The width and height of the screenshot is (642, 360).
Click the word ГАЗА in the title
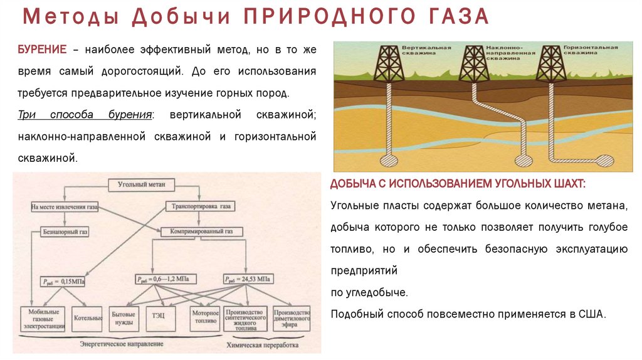click(x=455, y=18)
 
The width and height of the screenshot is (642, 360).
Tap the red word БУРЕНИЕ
click(x=41, y=50)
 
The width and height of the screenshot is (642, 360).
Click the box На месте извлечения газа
click(x=64, y=206)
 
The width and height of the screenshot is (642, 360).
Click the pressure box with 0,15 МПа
click(x=64, y=280)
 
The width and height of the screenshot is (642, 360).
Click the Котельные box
click(x=87, y=317)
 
